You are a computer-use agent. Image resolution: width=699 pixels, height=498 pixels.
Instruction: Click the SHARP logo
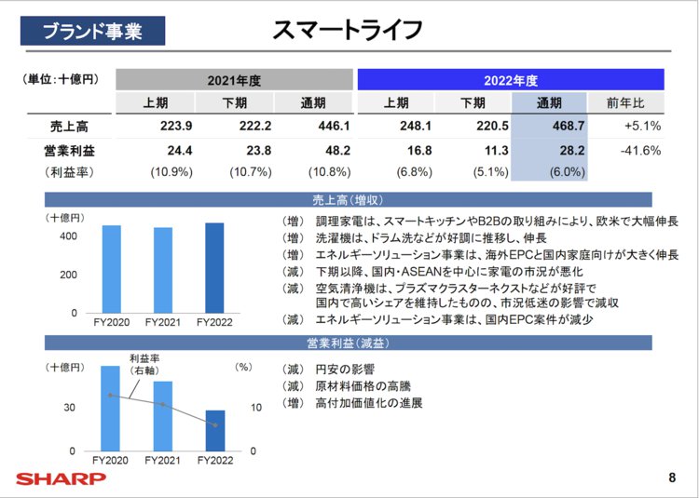[x=61, y=479]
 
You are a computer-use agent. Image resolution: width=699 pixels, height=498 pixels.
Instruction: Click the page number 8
[x=672, y=478]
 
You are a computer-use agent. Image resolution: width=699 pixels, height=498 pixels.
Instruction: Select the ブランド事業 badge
[x=92, y=31]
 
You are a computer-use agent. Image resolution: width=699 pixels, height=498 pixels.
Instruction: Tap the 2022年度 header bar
[x=511, y=80]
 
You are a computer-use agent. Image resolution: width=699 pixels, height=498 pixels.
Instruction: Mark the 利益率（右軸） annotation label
[x=145, y=364]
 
